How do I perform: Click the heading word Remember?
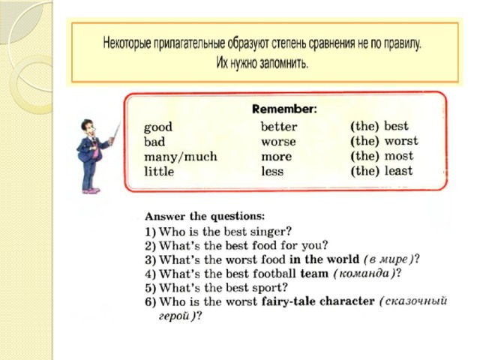click(285, 109)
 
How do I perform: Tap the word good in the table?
click(158, 127)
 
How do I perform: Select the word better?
click(279, 127)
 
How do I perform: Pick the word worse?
click(278, 142)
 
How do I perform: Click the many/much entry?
click(181, 157)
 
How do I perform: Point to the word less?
click(272, 171)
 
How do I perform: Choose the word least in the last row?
click(398, 170)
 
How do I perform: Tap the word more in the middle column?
click(277, 157)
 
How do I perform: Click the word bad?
click(154, 142)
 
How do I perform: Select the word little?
click(159, 171)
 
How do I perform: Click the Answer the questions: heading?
click(205, 217)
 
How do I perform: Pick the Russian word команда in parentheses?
click(364, 273)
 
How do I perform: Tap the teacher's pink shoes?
click(91, 190)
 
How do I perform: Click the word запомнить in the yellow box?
click(283, 63)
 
